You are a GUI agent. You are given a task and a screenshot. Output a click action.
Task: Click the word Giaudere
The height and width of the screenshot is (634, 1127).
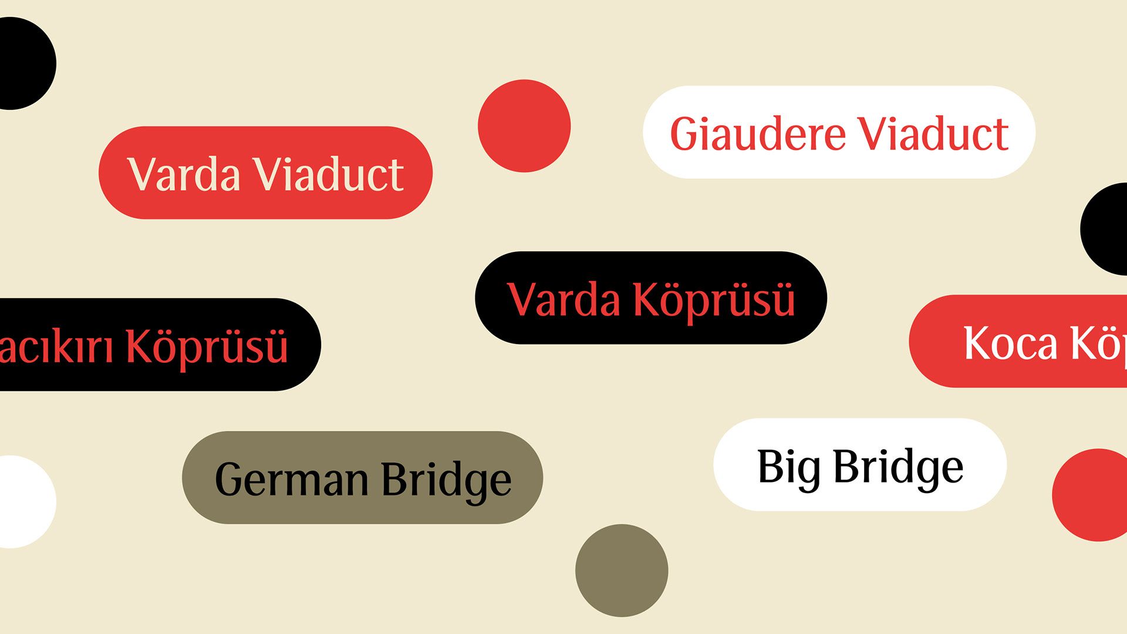click(x=758, y=134)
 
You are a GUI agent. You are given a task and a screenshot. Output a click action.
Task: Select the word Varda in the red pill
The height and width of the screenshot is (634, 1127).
click(x=184, y=174)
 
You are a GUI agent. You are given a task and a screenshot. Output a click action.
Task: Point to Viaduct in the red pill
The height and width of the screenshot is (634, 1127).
click(x=328, y=174)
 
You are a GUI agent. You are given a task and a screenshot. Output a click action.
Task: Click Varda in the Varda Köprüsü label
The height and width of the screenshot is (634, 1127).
click(x=563, y=300)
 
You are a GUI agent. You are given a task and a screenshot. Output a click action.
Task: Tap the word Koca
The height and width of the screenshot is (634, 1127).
click(x=1010, y=343)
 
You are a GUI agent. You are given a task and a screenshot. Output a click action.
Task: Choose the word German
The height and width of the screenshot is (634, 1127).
click(x=292, y=480)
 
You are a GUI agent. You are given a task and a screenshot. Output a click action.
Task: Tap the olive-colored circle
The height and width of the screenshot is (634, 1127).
click(x=622, y=571)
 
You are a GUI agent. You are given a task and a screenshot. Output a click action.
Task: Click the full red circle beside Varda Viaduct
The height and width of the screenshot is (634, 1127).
click(x=524, y=126)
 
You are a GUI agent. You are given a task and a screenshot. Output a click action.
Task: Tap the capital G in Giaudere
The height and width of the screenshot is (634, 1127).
click(x=687, y=134)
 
